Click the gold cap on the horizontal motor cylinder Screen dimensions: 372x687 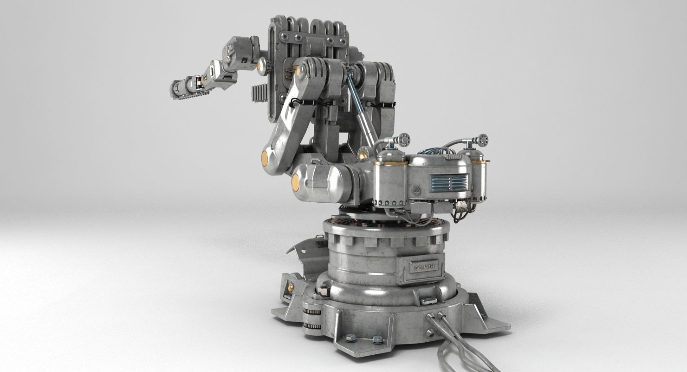[x=295, y=182]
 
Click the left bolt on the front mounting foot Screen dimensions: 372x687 [x=351, y=338]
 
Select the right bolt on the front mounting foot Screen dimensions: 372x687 [x=378, y=339]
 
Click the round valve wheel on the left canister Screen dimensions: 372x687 [x=403, y=139]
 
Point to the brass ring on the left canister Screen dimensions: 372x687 [x=390, y=163]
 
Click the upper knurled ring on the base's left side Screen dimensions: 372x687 [x=312, y=311]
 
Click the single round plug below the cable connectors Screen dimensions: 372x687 [x=430, y=333]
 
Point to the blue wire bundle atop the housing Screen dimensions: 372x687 [x=432, y=151]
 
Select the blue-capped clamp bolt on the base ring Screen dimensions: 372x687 [x=428, y=301]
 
